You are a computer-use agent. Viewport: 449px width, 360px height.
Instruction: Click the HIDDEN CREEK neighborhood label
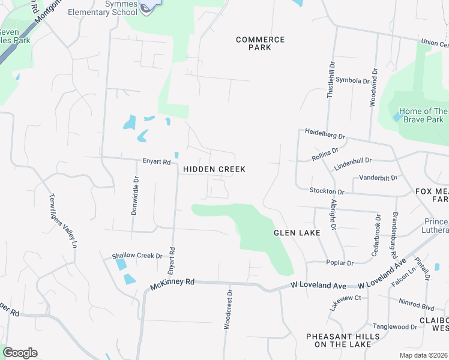(x=214, y=169)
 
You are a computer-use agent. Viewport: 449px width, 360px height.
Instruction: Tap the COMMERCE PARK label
(x=260, y=43)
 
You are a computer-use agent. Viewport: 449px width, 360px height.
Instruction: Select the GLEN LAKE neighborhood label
(x=297, y=232)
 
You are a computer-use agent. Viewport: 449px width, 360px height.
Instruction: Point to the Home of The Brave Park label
(x=424, y=115)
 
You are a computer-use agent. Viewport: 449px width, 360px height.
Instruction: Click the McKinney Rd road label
(x=173, y=281)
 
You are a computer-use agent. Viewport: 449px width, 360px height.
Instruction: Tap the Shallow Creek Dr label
(x=137, y=256)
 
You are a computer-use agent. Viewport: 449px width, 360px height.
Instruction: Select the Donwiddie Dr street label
(x=135, y=196)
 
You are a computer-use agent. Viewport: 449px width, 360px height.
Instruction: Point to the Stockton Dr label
(x=327, y=191)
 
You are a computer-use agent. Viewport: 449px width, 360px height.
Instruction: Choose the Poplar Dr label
(x=340, y=263)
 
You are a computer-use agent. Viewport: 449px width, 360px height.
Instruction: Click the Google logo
(x=20, y=353)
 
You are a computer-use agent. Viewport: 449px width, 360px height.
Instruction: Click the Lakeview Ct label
(x=345, y=298)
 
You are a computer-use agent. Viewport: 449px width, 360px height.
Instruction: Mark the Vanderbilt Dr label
(x=379, y=178)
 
